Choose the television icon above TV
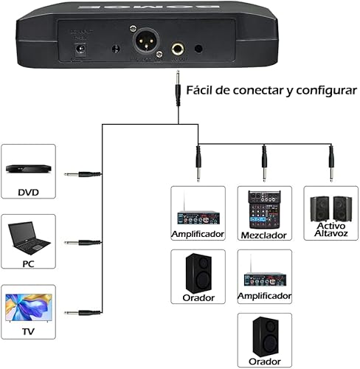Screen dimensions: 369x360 point(28,307)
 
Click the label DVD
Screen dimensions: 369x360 point(28,193)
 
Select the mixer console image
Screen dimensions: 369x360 point(264,209)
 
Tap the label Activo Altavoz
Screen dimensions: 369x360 point(330,230)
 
